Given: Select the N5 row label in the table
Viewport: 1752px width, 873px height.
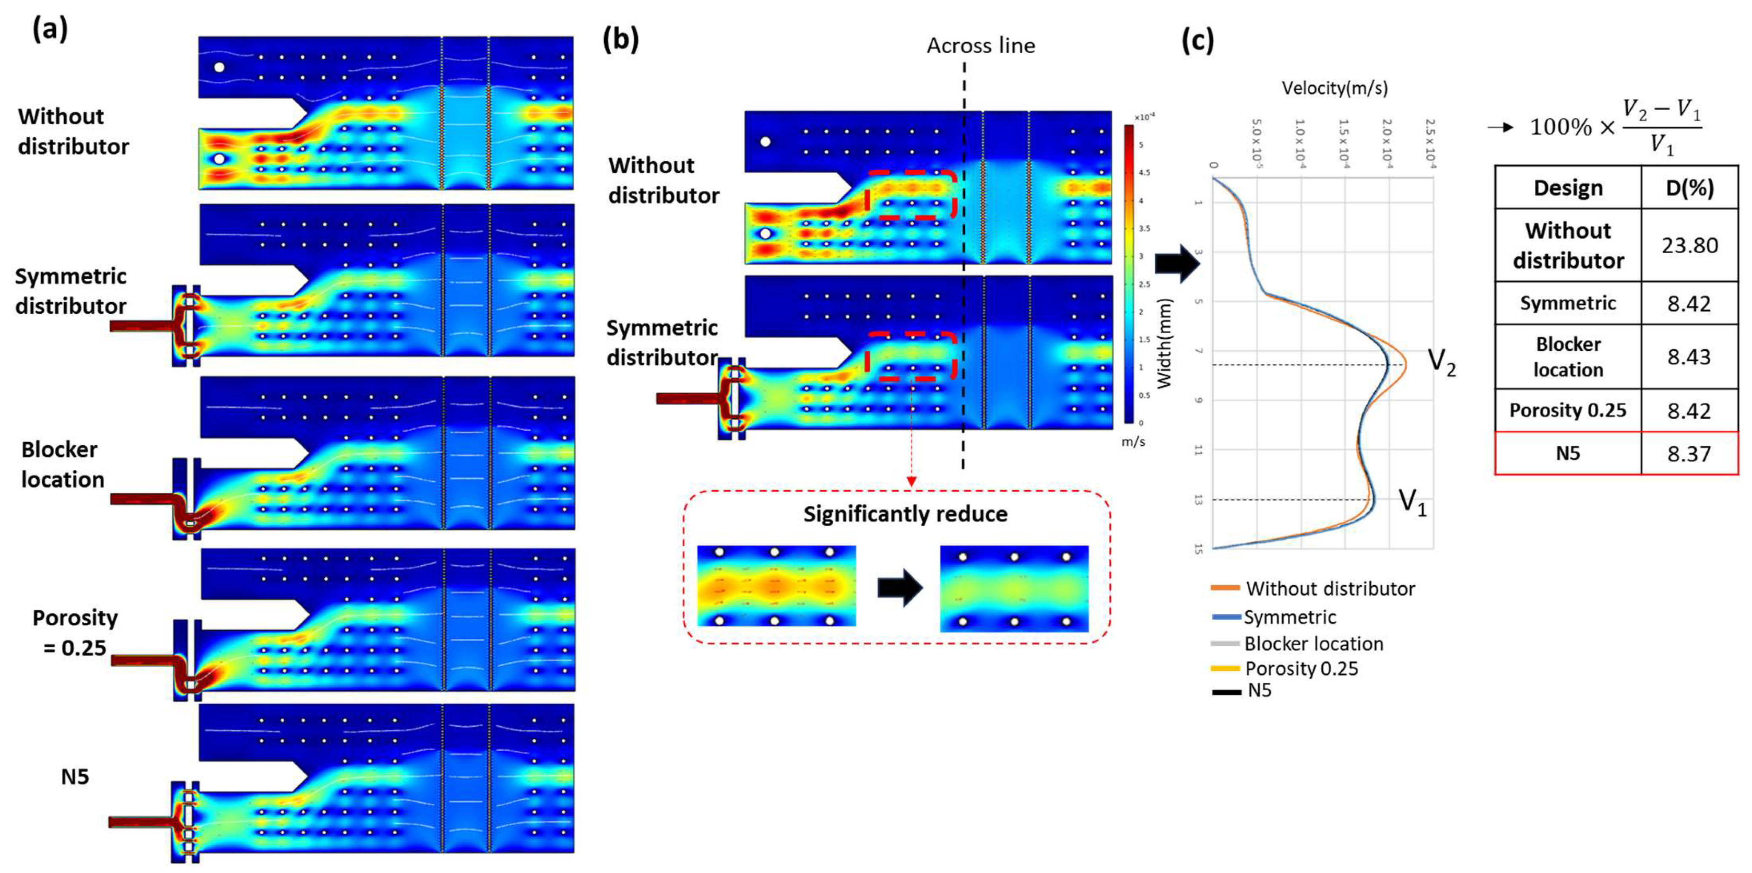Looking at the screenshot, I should click(1568, 453).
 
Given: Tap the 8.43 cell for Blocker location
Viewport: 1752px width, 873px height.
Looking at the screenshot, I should click(1689, 357).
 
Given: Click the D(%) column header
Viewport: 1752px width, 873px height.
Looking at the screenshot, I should click(1689, 188).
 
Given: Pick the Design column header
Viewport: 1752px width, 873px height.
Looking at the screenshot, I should click(1568, 188).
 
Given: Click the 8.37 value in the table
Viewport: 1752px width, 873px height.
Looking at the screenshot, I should click(1689, 453).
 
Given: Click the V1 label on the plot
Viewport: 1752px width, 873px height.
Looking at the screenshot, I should click(1412, 502).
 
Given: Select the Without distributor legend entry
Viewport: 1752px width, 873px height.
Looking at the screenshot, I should click(1330, 589).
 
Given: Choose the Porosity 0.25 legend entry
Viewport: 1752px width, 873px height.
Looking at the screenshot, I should click(1301, 669).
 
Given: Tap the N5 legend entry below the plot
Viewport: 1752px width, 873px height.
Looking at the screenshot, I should click(1259, 691).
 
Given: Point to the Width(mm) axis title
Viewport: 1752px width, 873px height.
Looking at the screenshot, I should click(1165, 343).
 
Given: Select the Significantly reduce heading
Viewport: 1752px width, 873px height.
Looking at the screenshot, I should click(905, 514).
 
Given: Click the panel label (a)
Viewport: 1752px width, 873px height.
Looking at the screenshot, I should click(50, 30).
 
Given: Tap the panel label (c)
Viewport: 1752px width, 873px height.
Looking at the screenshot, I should click(1198, 41).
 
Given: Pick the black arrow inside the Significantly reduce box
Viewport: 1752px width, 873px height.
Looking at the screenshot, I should click(899, 588).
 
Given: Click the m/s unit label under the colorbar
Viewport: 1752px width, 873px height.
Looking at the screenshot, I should click(1133, 441).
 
